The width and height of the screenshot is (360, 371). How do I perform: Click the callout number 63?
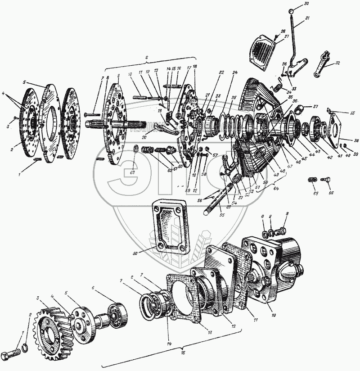[132, 171]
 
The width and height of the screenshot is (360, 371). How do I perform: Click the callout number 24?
[235, 72]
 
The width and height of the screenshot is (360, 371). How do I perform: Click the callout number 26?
[283, 31]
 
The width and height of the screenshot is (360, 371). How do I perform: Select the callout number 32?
[337, 63]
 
